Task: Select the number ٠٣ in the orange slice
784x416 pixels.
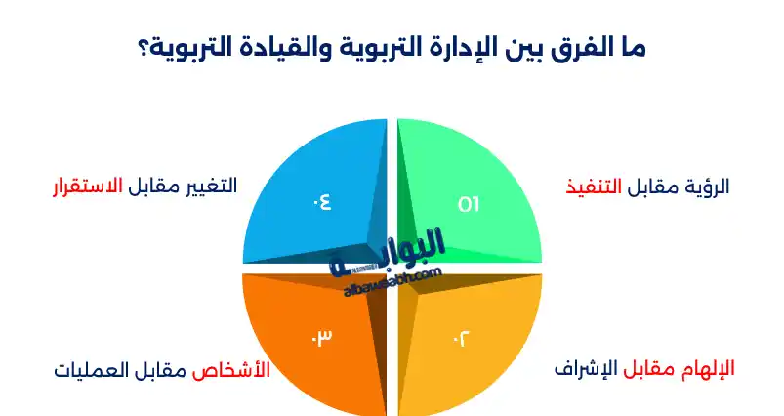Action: [x=322, y=337]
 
